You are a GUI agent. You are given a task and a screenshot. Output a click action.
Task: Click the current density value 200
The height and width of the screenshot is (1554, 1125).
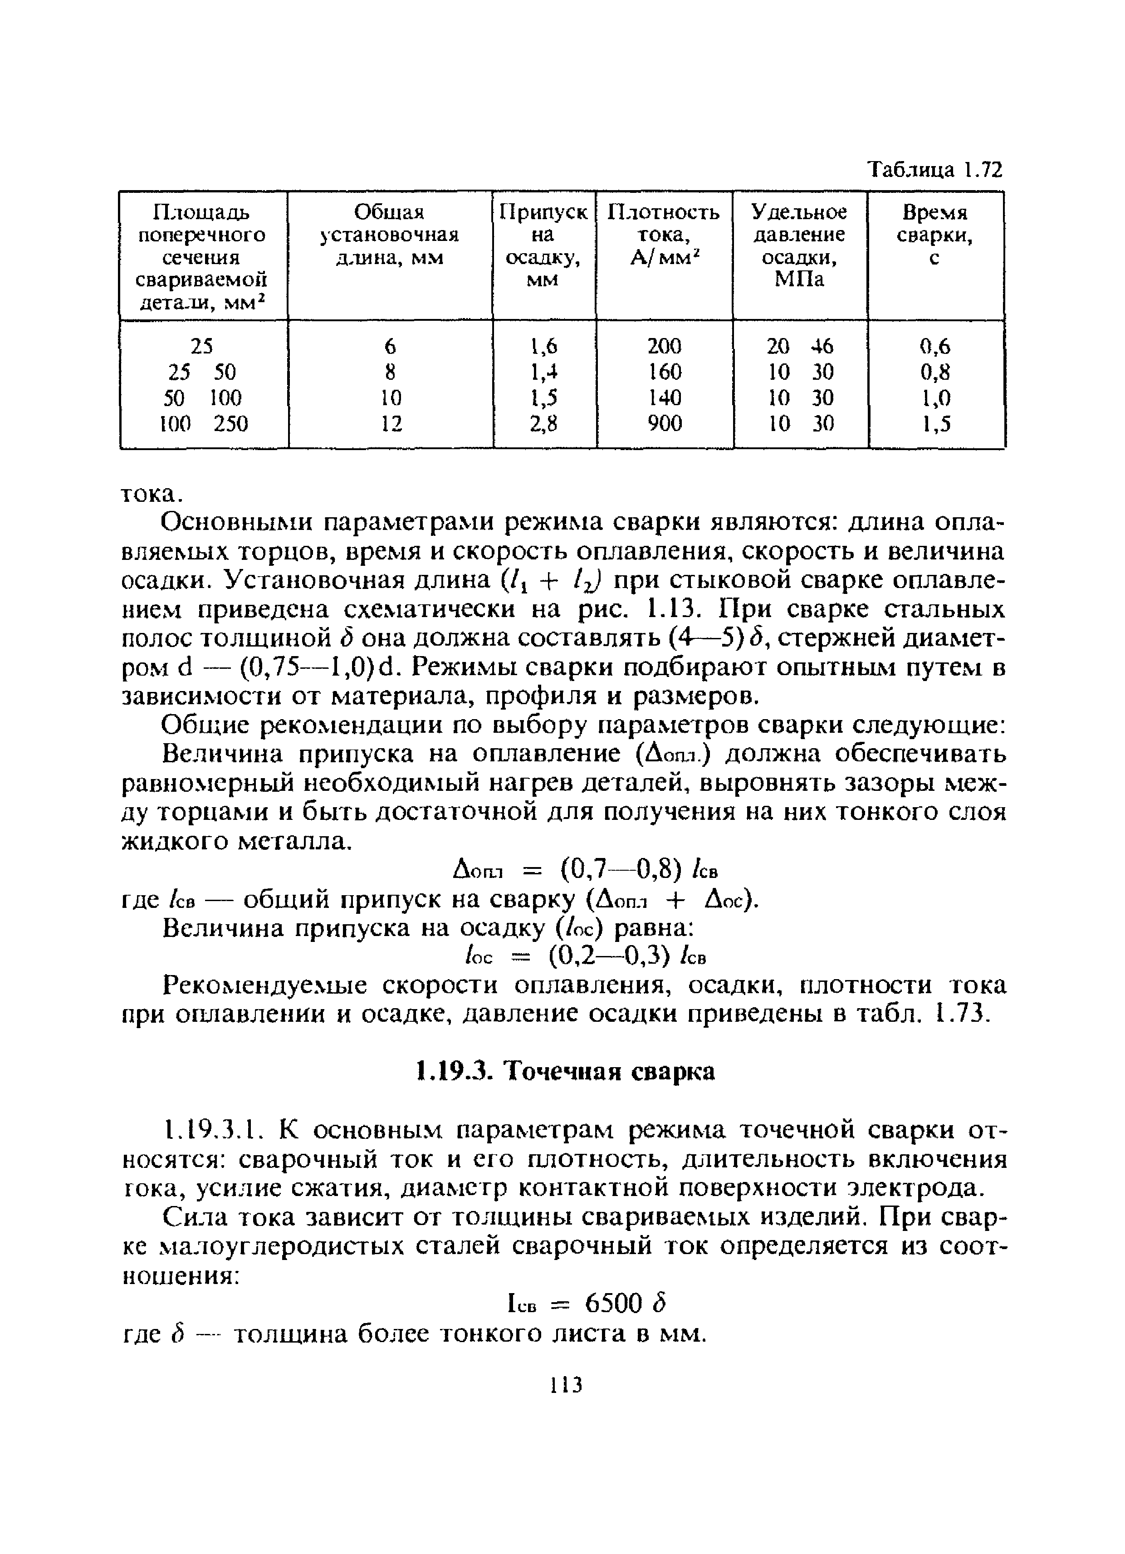point(665,346)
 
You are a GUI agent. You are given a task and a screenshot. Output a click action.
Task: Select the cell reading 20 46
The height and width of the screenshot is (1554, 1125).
point(800,346)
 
